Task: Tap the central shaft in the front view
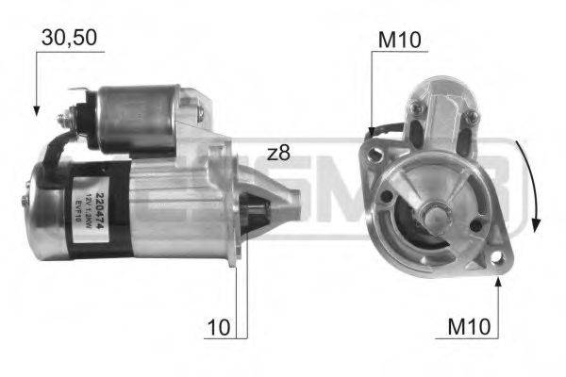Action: [x=434, y=216]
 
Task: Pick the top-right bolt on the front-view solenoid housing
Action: [x=469, y=117]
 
